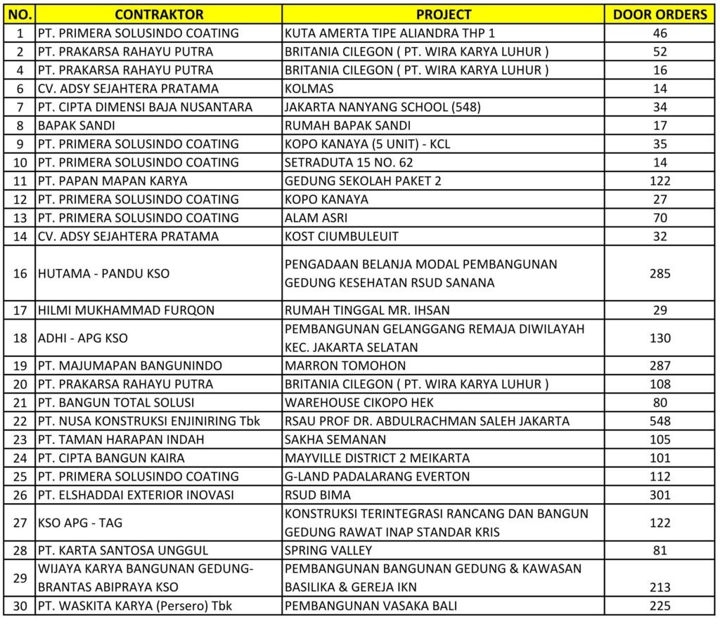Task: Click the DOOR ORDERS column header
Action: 660,15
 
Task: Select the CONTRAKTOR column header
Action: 159,15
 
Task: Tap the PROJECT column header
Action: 443,15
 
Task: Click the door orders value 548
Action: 660,421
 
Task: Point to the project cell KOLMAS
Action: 309,89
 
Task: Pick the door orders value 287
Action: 660,365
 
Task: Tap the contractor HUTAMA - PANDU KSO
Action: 103,273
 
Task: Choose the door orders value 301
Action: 660,495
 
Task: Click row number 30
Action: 20,606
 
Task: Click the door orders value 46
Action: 660,33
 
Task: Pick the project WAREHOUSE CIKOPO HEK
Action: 359,403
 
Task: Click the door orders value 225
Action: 660,606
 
